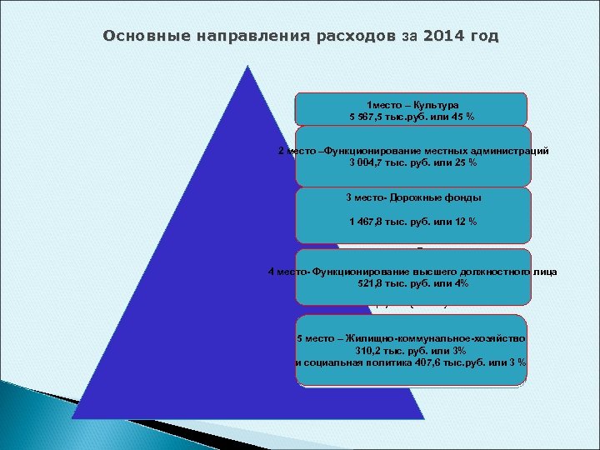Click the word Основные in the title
(142, 37)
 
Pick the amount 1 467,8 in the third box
(367, 221)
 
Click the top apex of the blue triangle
(247, 66)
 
